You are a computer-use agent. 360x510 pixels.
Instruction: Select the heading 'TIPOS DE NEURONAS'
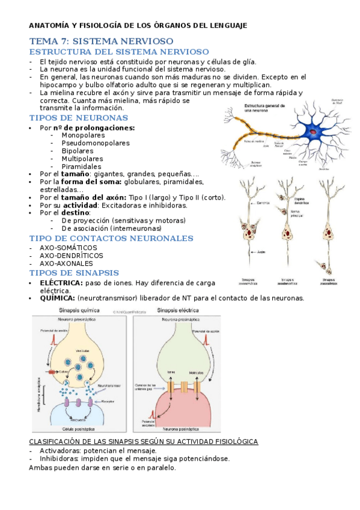[78, 118]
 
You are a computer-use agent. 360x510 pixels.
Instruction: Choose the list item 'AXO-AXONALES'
[66, 263]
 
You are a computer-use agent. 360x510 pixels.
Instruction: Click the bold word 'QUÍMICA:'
[58, 298]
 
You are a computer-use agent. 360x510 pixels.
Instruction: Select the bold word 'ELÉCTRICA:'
[61, 282]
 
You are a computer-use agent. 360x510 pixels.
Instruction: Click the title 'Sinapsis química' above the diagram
[80, 310]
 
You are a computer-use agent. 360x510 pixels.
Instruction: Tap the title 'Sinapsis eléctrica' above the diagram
[177, 310]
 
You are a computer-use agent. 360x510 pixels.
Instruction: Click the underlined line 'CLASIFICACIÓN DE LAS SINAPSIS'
[144, 442]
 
